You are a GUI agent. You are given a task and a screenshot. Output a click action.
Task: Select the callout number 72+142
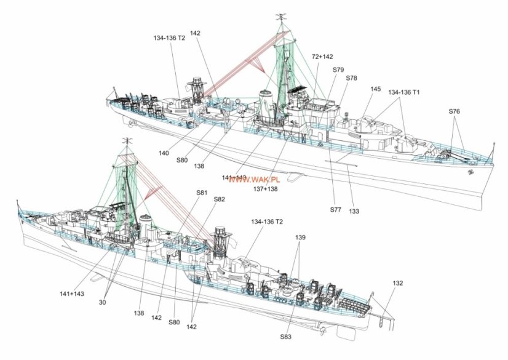(x=323, y=56)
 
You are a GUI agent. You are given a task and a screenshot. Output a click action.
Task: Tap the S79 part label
(x=338, y=70)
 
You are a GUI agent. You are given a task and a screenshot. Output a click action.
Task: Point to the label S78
(x=351, y=78)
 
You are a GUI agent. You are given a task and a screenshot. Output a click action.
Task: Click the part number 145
(x=375, y=89)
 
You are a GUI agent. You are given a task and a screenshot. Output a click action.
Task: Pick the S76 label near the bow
(x=454, y=111)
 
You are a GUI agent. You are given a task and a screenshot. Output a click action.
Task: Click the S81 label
(x=202, y=193)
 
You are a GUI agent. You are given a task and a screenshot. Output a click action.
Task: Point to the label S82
(x=220, y=199)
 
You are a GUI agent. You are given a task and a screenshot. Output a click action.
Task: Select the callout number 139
(x=300, y=237)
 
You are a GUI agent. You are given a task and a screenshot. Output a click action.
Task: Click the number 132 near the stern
(x=398, y=283)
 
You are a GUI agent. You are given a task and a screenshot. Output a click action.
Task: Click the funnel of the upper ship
(x=266, y=102)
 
